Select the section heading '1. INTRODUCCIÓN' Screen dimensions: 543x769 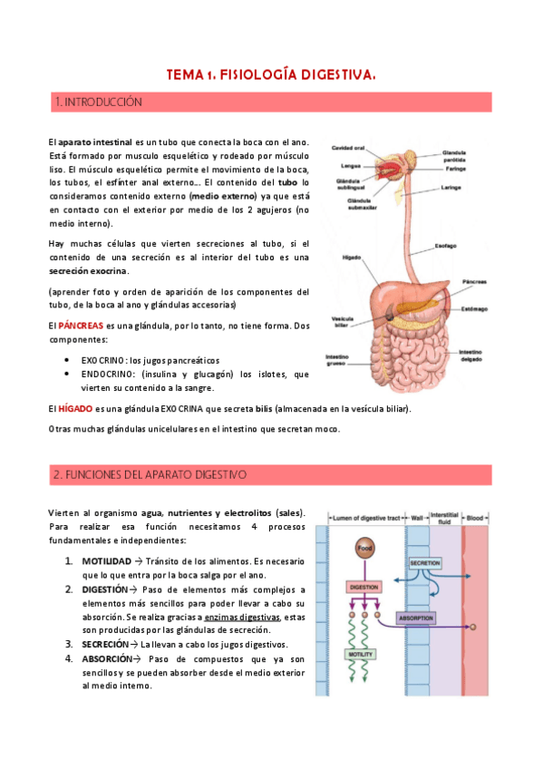click(x=99, y=102)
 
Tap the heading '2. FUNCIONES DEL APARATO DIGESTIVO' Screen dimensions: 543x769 click(x=150, y=474)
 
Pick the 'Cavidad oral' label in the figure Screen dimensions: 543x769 click(x=347, y=148)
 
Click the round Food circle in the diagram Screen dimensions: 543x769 click(x=364, y=550)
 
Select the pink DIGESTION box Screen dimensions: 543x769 click(x=364, y=587)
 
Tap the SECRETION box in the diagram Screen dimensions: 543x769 click(x=424, y=562)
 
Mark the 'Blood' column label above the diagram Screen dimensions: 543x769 click(x=477, y=518)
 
